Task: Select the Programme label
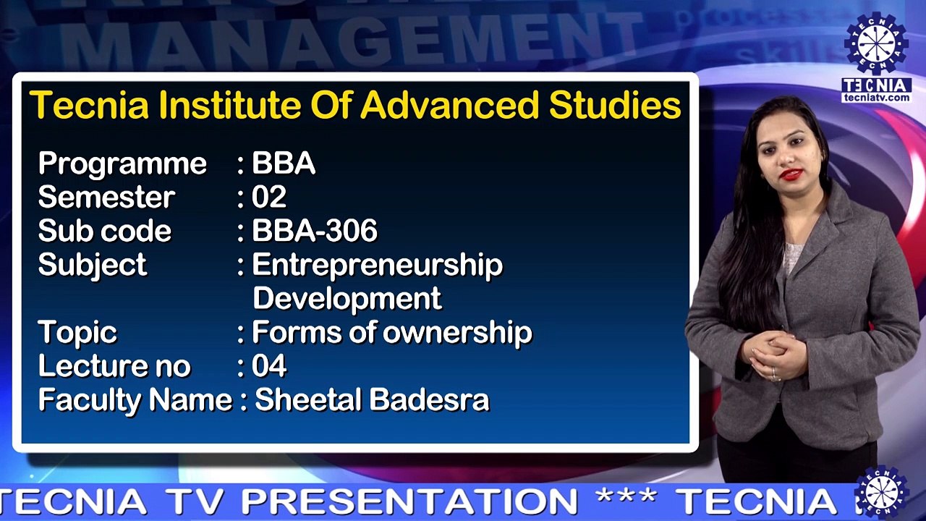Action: tap(122, 164)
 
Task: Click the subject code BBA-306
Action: tap(315, 230)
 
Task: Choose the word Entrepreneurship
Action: tap(378, 266)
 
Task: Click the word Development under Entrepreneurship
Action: tap(347, 298)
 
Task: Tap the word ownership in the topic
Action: tap(457, 332)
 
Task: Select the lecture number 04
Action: tap(269, 365)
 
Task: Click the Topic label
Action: tap(77, 333)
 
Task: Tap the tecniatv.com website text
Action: tap(876, 98)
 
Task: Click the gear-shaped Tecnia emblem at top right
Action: tap(876, 43)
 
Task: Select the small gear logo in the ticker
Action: tap(881, 494)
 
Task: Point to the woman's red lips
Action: tap(791, 174)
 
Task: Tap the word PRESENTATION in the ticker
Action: tap(409, 502)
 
